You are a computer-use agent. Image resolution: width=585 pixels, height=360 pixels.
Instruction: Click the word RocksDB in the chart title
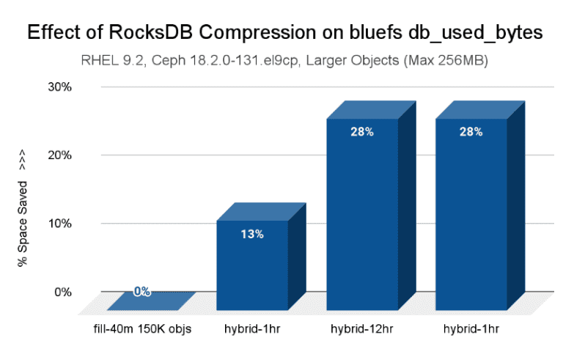(x=160, y=33)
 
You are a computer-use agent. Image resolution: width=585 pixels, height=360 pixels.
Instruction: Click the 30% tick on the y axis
(x=59, y=87)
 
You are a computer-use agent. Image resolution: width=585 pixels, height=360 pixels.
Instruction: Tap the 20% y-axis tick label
(x=59, y=155)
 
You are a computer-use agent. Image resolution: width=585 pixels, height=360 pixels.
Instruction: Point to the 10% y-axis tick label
(x=59, y=224)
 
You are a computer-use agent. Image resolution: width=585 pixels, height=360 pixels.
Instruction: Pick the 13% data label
(x=251, y=235)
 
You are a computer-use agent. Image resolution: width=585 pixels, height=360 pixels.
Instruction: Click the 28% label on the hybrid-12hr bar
(x=361, y=132)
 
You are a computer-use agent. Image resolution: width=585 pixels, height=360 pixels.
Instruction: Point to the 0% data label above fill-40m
(x=142, y=292)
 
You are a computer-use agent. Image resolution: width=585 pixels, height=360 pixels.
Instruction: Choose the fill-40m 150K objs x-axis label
(x=139, y=328)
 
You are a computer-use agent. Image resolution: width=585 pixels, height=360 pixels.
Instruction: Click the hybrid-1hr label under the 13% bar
(x=251, y=328)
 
